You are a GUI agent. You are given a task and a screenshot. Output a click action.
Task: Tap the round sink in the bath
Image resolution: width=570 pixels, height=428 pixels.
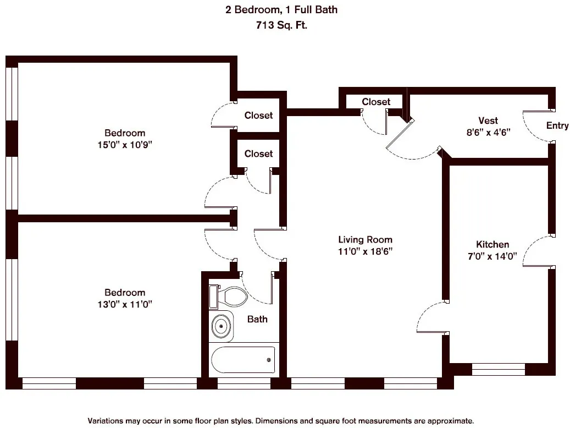point(222,326)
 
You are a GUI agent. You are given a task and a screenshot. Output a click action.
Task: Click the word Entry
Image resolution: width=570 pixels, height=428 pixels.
point(557,125)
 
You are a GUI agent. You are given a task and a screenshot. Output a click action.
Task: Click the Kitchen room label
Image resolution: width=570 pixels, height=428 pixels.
point(492,244)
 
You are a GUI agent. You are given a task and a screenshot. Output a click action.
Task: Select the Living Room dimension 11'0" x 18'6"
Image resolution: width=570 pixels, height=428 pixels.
point(365,251)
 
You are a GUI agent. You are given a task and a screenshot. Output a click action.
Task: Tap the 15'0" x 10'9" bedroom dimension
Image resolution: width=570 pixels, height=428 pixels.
point(125,145)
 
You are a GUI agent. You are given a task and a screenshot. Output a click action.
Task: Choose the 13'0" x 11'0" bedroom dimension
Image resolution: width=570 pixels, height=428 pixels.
point(125,304)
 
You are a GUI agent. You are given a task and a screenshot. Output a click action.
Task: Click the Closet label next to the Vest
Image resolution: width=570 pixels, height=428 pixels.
point(376,102)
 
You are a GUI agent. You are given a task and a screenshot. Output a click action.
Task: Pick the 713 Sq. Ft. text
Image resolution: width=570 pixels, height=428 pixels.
point(281,24)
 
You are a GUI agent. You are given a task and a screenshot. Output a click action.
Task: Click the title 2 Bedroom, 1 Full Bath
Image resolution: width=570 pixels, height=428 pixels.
point(281,9)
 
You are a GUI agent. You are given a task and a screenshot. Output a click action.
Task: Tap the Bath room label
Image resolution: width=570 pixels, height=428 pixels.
point(257,319)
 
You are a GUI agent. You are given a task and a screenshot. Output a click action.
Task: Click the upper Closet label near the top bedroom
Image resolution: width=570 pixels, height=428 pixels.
point(258,115)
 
